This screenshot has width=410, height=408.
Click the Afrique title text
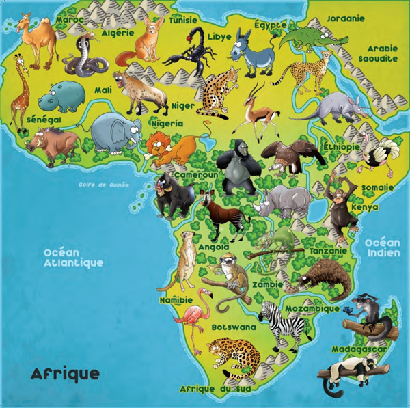(65, 374)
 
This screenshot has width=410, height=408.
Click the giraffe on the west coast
(20, 92)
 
